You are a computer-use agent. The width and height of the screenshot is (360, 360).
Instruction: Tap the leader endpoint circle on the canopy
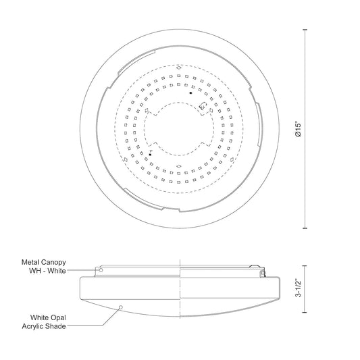tap(101, 269)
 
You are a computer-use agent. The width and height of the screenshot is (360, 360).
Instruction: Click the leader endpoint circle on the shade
tap(121, 307)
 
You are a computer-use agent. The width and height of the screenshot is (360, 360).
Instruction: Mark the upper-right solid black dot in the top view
tap(191, 93)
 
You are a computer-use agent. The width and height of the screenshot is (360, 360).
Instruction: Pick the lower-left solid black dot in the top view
tap(150, 154)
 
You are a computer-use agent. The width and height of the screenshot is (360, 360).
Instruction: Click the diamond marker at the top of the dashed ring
tap(178, 67)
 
